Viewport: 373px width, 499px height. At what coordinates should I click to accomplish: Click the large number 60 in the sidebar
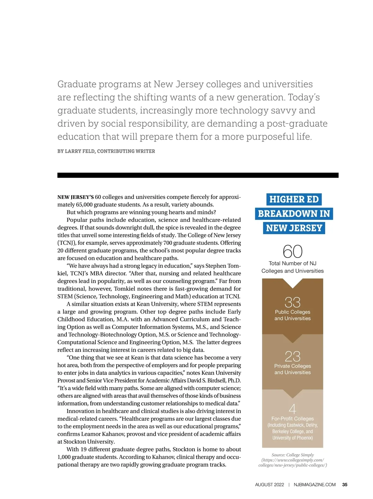coord(292,251)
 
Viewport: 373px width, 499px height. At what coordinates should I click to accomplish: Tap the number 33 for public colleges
coord(292,302)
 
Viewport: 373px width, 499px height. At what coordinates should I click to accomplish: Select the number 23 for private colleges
coord(292,356)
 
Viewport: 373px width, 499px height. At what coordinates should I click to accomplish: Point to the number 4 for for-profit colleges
coord(292,409)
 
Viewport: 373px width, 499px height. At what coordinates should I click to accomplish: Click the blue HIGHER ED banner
coord(294,199)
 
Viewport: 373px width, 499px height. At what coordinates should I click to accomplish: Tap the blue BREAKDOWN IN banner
coord(294,214)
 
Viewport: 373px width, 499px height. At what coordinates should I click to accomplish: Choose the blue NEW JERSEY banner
coord(294,228)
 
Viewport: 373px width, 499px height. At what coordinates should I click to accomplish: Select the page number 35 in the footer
coord(345,485)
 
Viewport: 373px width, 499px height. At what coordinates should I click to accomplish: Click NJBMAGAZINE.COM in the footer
coord(315,485)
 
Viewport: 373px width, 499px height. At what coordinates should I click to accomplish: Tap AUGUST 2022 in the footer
coord(269,485)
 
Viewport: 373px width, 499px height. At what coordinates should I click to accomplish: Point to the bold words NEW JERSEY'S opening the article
coord(76,197)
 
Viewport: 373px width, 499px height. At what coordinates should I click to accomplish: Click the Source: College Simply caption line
coord(292,455)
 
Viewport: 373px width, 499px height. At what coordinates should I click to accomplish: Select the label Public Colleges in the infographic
coord(292,312)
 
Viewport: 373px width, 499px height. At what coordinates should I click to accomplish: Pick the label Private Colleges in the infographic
coord(292,366)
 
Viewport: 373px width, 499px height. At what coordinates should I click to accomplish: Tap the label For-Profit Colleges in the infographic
coord(292,419)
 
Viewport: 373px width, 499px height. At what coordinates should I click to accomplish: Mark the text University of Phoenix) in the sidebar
coord(292,438)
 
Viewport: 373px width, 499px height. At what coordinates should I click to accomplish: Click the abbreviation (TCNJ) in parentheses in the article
coord(67,243)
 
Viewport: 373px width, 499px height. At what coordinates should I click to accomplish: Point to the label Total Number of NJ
coord(292,263)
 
